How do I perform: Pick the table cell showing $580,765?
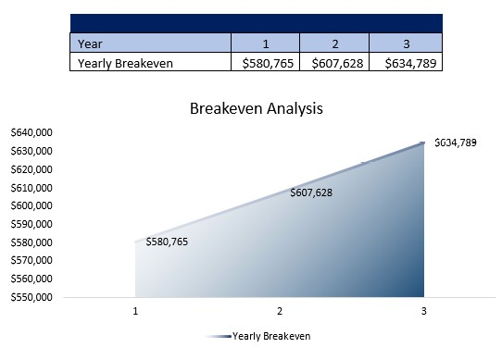(265, 63)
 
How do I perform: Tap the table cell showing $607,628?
(334, 63)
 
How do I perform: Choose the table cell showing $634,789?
(406, 63)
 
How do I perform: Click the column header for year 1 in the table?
(265, 43)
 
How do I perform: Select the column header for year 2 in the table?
(334, 43)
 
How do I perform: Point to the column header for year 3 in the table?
(406, 43)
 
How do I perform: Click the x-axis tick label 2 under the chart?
(280, 312)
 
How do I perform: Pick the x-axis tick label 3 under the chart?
(423, 312)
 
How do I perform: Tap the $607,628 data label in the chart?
(311, 193)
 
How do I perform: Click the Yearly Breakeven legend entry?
(270, 336)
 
